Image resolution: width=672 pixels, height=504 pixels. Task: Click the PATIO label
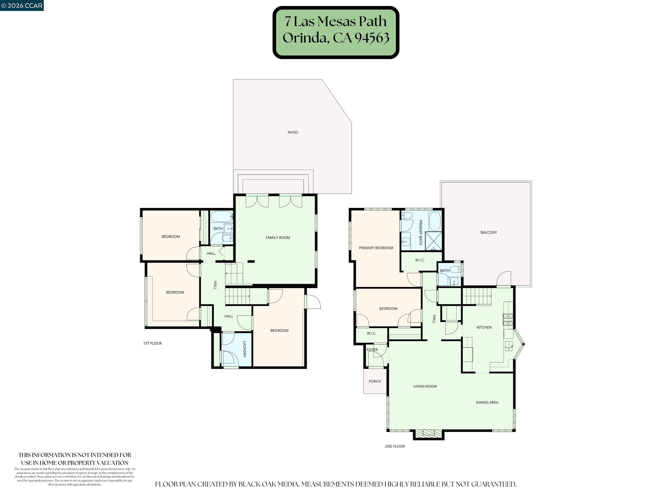pos(292,133)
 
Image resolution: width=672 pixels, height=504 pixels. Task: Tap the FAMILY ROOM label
pos(278,238)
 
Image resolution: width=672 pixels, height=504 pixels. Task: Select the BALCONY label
pos(488,232)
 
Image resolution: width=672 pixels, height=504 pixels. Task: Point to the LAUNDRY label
pos(244,349)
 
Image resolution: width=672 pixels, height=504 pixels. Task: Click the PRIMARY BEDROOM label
pos(376,248)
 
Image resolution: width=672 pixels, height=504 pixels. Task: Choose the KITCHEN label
pos(484,327)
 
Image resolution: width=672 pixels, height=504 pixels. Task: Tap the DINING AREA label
pos(487,402)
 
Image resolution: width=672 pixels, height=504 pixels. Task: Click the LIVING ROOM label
pos(425,387)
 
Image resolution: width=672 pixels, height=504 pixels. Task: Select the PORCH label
pos(374,381)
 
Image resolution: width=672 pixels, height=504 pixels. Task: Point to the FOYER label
pos(372,350)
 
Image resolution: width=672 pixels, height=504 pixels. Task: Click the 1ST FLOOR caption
pos(152,343)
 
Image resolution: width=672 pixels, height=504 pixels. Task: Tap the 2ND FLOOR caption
pos(395,446)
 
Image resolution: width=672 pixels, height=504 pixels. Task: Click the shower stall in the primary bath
pos(433,241)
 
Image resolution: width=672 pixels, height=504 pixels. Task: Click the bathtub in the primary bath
pos(435,221)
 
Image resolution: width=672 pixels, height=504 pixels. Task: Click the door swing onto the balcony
pos(504,279)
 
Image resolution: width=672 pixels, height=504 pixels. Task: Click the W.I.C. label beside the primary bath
pos(420,260)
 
